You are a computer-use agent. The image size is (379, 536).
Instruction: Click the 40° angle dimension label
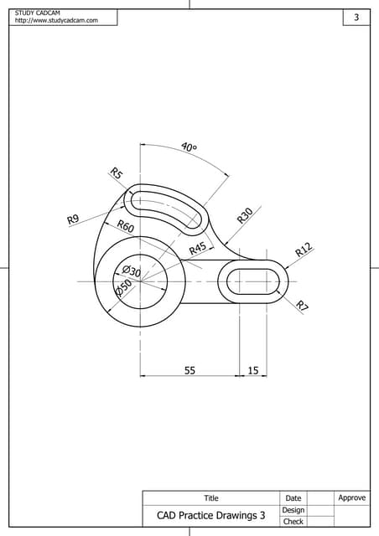point(189,148)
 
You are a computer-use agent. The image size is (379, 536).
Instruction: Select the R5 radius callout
point(117,173)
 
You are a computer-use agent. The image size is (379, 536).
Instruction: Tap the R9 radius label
point(73,219)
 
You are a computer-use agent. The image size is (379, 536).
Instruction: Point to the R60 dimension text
point(125,227)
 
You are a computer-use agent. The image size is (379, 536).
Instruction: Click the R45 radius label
point(197,249)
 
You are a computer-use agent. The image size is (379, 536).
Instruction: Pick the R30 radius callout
point(245,215)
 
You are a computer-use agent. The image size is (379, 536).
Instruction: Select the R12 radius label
point(303,249)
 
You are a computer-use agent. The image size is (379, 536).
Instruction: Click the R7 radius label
point(303,307)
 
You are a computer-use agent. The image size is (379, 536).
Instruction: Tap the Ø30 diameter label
point(131,270)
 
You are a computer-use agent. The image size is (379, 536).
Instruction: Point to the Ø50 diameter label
point(123,287)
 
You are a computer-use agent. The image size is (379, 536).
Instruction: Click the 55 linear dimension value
point(189,369)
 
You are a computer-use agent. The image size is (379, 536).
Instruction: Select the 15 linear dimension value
point(252,369)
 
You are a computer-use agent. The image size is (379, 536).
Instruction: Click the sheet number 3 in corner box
point(356,18)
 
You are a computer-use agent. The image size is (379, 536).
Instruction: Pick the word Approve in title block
point(351,497)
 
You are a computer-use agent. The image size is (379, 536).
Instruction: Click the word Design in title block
point(293,510)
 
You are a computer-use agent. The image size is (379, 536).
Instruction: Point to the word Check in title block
point(293,522)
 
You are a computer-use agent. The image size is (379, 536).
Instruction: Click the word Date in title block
point(293,498)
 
